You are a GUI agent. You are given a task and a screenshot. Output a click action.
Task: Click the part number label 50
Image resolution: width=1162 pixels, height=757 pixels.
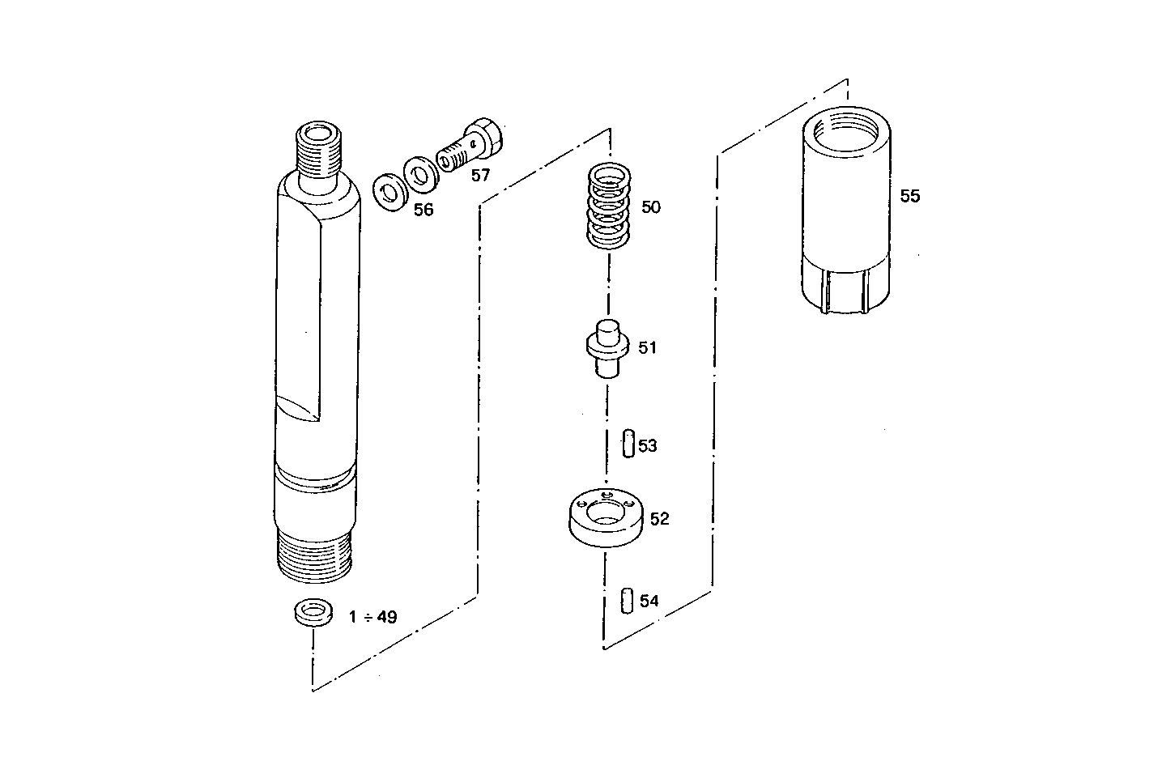click(x=650, y=207)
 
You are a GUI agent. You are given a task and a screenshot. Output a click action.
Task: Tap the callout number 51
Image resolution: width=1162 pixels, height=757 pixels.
click(x=647, y=348)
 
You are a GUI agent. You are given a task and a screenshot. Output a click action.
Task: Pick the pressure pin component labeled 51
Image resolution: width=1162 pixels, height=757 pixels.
click(x=607, y=348)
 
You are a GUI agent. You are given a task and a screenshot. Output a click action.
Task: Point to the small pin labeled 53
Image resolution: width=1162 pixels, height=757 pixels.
click(x=628, y=444)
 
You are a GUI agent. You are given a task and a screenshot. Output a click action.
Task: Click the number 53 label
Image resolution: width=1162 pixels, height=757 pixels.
click(x=648, y=446)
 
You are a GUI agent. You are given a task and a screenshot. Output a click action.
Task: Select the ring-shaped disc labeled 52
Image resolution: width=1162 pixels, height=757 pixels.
click(x=606, y=518)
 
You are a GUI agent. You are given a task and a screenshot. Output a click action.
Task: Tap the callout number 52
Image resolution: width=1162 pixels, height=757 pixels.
click(x=660, y=519)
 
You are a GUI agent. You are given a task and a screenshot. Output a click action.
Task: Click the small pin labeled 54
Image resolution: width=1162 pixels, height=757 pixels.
click(x=627, y=602)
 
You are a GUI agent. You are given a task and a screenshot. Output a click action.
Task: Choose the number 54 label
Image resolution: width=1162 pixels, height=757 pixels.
click(x=649, y=602)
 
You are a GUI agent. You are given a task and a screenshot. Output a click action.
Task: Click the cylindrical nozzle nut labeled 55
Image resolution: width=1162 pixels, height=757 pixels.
click(x=845, y=215)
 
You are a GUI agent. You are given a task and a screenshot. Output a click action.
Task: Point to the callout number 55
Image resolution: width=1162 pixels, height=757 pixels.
click(x=910, y=197)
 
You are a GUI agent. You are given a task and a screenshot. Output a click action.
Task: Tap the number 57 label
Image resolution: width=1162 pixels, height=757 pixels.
click(x=480, y=176)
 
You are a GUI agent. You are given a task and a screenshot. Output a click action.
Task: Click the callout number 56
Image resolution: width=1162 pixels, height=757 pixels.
click(x=424, y=211)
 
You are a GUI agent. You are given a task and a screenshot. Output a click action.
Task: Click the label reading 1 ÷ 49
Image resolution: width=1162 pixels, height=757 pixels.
click(x=373, y=617)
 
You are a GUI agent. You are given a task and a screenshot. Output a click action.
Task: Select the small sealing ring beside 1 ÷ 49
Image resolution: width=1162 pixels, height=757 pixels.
click(x=313, y=611)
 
